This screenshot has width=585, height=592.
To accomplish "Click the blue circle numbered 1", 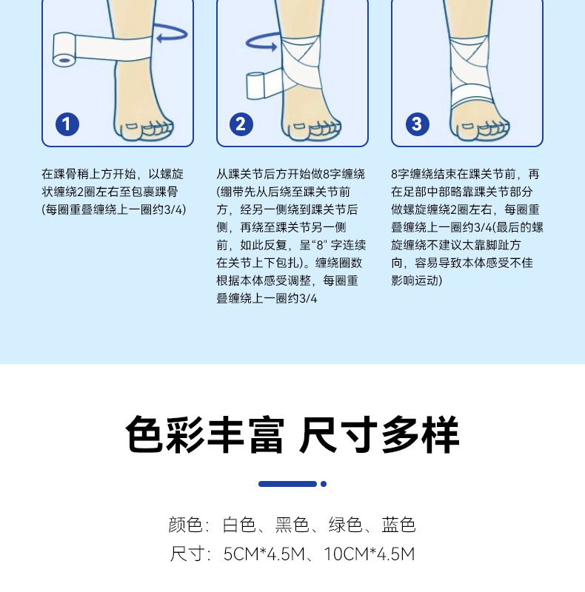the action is click(x=67, y=124).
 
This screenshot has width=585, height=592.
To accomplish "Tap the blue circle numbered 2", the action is click(x=241, y=124).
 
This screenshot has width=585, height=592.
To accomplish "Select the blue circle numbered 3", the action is click(x=417, y=124).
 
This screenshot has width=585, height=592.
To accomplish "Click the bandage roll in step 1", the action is click(x=64, y=50).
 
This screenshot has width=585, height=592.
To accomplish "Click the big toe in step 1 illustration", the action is click(x=132, y=129).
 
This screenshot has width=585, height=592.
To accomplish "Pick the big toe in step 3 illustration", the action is click(x=467, y=129).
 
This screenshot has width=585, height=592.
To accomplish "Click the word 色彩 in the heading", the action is click(x=164, y=434).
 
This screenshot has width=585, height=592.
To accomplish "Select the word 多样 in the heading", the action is click(x=420, y=434).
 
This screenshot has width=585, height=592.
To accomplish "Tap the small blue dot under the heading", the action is click(x=324, y=484).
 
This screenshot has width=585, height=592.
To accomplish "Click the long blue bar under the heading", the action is click(x=287, y=484).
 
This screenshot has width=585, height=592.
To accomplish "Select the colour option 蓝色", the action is click(x=398, y=525).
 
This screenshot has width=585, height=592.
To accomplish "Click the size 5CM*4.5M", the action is click(x=264, y=554).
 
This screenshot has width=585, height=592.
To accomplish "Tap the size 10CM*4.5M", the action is click(x=370, y=554).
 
